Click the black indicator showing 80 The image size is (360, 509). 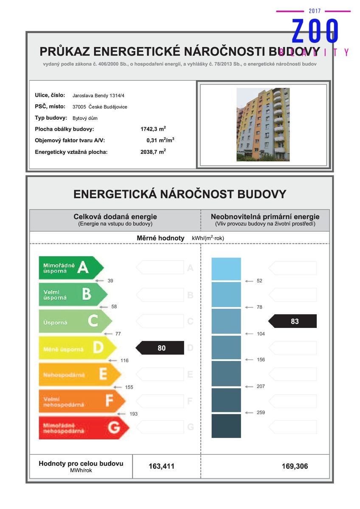[160, 348]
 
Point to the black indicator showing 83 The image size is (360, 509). [293, 321]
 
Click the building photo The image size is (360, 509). [263, 125]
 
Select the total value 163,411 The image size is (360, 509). [161, 466]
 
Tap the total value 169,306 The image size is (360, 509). [295, 466]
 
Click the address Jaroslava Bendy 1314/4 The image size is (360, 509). [98, 95]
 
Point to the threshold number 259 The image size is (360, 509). [261, 412]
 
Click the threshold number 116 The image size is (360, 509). [124, 361]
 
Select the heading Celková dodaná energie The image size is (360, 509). [115, 217]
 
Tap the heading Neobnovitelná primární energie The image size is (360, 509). [265, 217]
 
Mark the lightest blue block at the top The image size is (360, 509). [226, 269]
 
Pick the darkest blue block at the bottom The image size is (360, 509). [226, 426]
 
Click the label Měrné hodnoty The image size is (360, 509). [160, 238]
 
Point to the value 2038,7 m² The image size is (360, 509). [153, 151]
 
